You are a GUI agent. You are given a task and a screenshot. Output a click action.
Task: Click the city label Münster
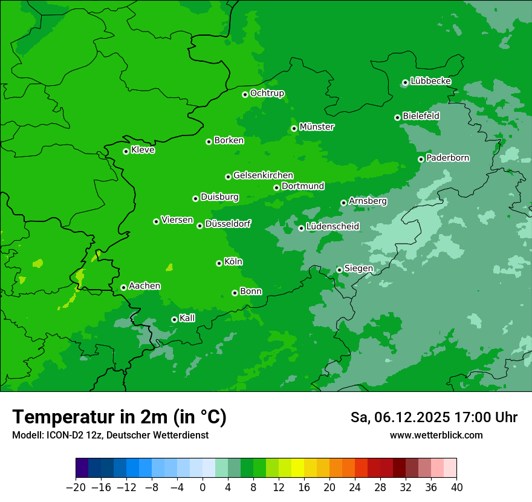click(x=316, y=127)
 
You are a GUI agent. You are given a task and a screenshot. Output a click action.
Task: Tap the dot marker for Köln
click(x=219, y=263)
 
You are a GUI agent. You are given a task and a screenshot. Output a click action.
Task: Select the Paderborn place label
click(x=447, y=158)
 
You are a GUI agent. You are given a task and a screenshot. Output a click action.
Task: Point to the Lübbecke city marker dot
click(x=405, y=82)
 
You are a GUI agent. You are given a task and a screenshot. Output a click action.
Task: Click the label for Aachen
click(x=144, y=285)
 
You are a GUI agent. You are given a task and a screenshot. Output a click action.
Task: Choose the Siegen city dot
click(x=339, y=270)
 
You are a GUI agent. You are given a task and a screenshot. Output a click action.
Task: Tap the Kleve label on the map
click(x=143, y=150)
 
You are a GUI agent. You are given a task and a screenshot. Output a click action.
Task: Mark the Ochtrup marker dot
click(x=245, y=94)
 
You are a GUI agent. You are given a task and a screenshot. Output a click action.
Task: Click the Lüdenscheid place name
click(x=332, y=227)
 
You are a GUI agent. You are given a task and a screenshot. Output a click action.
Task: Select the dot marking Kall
click(x=174, y=319)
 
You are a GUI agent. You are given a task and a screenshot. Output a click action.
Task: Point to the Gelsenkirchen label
click(x=263, y=175)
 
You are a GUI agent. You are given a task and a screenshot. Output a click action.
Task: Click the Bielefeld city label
click(x=421, y=116)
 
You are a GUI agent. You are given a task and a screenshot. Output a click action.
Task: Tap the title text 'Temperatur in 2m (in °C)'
click(x=119, y=417)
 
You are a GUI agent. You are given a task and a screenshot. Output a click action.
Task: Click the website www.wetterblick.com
click(x=436, y=435)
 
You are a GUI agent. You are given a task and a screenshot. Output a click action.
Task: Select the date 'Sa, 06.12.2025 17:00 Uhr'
click(x=433, y=417)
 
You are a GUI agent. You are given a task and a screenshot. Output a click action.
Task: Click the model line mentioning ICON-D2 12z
click(x=110, y=435)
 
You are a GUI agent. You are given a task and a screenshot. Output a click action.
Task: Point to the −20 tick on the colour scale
click(x=76, y=487)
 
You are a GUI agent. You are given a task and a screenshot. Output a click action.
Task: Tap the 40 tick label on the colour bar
click(x=456, y=487)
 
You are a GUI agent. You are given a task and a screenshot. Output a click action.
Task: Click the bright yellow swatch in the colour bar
click(x=297, y=468)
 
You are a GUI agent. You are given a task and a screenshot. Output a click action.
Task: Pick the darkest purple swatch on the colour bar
click(x=82, y=468)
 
